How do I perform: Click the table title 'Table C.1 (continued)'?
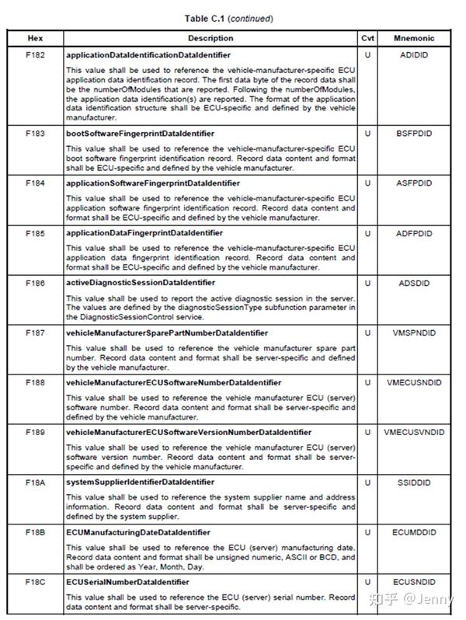tap(229, 18)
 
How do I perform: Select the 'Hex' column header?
tap(35, 38)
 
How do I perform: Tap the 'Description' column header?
tap(210, 38)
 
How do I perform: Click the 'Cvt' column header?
tap(367, 38)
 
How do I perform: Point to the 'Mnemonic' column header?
tap(414, 38)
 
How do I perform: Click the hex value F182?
tap(35, 56)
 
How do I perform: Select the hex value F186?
tap(35, 284)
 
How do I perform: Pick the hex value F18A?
tap(35, 482)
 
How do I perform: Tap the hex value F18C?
tap(35, 582)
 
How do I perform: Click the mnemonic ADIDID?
tap(413, 56)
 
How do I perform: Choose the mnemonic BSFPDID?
tap(413, 134)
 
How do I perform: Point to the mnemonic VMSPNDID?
tap(413, 333)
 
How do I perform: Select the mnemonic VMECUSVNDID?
tap(414, 433)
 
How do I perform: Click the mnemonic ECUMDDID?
tap(413, 532)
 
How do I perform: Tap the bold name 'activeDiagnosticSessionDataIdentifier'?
tap(141, 284)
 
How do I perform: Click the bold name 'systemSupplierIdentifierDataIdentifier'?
tap(140, 482)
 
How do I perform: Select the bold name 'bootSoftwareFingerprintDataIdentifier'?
tap(140, 134)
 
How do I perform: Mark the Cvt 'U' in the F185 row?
tap(367, 233)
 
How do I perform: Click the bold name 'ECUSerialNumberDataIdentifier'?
tap(127, 582)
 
